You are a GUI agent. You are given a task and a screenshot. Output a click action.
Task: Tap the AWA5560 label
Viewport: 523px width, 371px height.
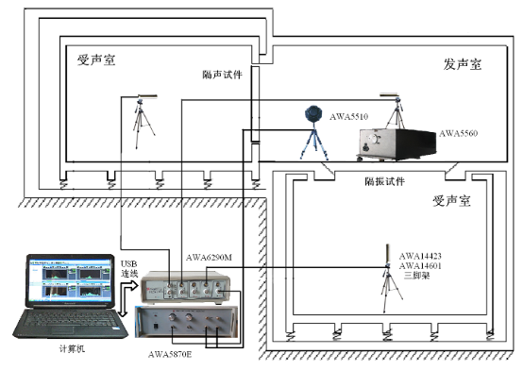click(459, 133)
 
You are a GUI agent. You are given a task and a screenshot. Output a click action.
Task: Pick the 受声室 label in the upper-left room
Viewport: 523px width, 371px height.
click(95, 61)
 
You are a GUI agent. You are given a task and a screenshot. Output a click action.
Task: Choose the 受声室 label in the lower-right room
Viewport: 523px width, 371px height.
click(451, 201)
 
